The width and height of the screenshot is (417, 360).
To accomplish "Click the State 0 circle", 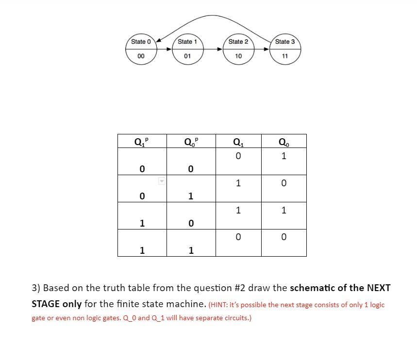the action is point(141,49).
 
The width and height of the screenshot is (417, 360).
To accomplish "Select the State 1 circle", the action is point(187,49).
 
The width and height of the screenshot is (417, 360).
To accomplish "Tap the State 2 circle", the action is point(238,49).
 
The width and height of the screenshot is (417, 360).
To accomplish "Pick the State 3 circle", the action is point(285,49).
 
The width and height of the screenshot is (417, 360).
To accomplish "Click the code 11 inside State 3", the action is point(285,56).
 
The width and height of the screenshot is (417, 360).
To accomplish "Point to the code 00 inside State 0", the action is point(141,56).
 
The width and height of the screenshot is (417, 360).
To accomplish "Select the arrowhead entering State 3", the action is point(267,49).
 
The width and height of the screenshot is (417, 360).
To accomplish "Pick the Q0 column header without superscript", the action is point(284,142).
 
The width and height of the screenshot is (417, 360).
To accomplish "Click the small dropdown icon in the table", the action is point(162,181).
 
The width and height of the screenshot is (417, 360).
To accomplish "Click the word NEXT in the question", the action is point(378,288).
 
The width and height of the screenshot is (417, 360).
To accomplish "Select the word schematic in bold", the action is point(312,288).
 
